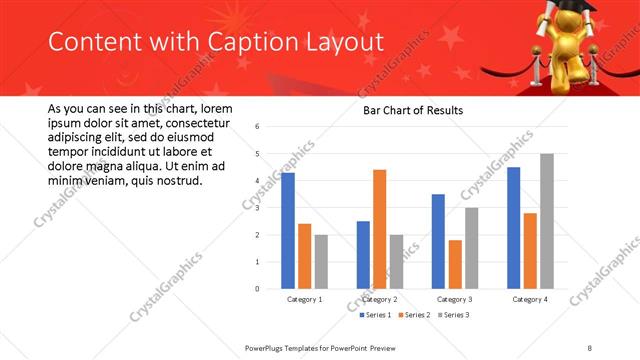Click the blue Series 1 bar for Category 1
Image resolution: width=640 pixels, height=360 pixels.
288,231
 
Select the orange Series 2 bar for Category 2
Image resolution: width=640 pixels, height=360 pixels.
379,229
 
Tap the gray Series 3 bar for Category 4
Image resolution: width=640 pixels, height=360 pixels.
546,221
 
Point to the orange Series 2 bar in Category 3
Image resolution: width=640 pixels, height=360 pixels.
455,264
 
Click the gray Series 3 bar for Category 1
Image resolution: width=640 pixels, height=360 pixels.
320,262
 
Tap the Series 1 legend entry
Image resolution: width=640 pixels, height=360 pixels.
377,315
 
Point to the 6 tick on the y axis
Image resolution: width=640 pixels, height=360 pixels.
257,127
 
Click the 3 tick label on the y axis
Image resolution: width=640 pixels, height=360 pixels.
257,208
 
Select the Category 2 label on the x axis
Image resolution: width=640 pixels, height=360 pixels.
379,299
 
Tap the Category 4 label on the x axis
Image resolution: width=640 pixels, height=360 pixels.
529,299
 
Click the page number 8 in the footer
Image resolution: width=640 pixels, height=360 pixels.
590,346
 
